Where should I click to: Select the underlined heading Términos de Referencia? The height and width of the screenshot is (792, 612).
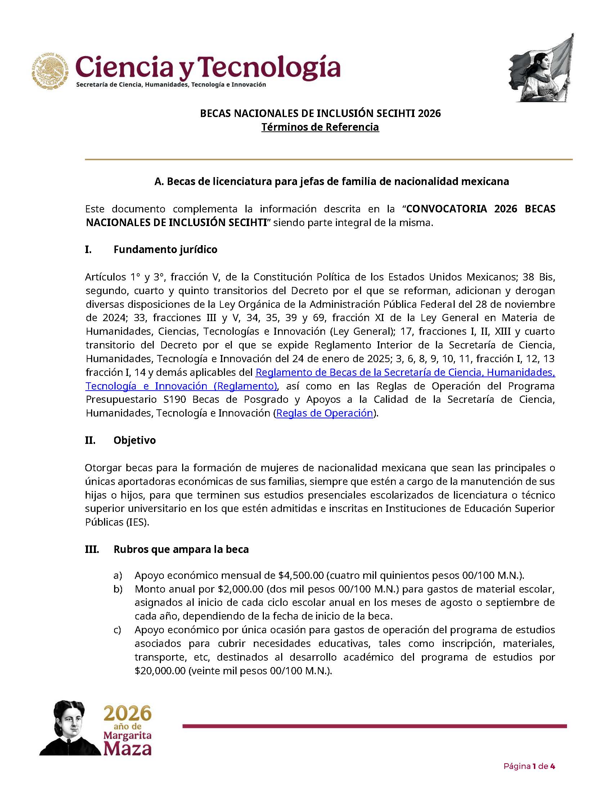(x=320, y=127)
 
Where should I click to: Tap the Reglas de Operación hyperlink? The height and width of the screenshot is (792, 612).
(x=324, y=413)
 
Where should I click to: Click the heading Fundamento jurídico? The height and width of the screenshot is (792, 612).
(x=165, y=249)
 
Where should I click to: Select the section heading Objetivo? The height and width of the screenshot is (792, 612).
(x=135, y=440)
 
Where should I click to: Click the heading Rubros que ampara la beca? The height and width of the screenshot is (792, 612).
(x=181, y=549)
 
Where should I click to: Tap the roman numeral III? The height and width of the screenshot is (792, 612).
(x=92, y=549)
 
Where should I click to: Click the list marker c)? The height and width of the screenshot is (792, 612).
(x=117, y=630)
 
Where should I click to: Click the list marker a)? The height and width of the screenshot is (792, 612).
(x=117, y=576)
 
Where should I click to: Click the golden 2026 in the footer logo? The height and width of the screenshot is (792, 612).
(x=127, y=714)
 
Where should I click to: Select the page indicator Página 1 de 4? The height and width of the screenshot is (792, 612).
(x=529, y=766)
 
